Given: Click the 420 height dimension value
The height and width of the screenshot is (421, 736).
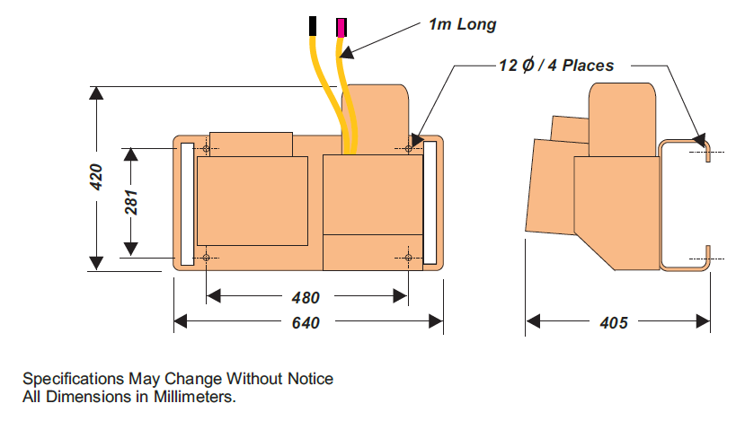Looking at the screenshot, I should [96, 177].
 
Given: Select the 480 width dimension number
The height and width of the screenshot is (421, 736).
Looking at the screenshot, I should [306, 297].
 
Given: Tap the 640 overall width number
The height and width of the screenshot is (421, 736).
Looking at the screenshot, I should [306, 322].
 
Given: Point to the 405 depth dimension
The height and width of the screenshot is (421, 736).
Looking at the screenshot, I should [614, 322].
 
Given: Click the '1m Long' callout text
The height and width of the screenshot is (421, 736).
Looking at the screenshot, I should [462, 25].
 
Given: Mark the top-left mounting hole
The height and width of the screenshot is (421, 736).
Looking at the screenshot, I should [206, 148].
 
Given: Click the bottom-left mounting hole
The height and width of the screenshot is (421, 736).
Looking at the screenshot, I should [206, 259].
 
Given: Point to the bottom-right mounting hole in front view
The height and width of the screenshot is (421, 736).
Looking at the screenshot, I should [409, 259].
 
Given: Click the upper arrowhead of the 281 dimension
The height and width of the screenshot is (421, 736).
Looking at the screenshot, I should [131, 153].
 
